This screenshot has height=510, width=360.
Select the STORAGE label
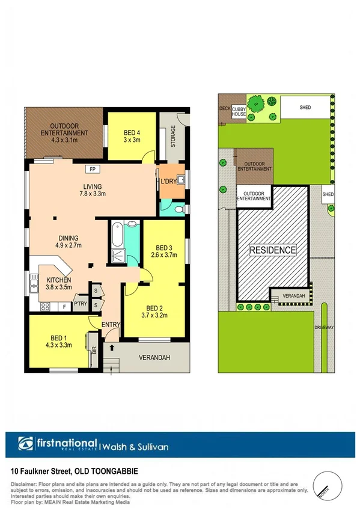173,137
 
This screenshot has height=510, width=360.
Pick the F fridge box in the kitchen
64,307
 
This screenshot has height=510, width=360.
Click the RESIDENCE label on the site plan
272,250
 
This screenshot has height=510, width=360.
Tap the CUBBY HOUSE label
239,111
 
